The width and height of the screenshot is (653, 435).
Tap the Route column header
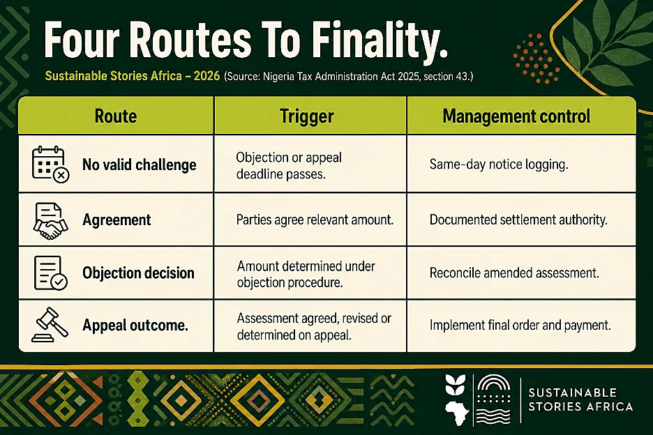point(116,116)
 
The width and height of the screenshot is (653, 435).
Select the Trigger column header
point(307,116)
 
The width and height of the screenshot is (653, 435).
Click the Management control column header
point(516,116)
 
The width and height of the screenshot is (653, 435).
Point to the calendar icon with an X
point(50,165)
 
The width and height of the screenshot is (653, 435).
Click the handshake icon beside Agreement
point(50,220)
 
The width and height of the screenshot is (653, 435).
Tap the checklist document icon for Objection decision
point(50,273)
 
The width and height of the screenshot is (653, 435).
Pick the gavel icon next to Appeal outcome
point(50,325)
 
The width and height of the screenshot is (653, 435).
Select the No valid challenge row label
point(139,165)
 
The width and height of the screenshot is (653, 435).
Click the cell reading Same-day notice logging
point(499,165)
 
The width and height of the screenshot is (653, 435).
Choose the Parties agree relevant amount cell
point(315,220)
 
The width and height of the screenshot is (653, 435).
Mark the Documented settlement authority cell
point(518,220)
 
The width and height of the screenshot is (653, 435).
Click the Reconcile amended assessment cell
point(514,273)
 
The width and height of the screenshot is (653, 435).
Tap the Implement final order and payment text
point(520,325)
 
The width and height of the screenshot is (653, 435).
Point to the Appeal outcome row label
point(135,325)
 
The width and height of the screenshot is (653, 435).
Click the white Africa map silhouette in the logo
point(457,413)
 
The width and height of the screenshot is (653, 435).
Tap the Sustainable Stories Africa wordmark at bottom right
point(580,399)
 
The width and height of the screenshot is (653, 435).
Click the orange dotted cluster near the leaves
point(534,57)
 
